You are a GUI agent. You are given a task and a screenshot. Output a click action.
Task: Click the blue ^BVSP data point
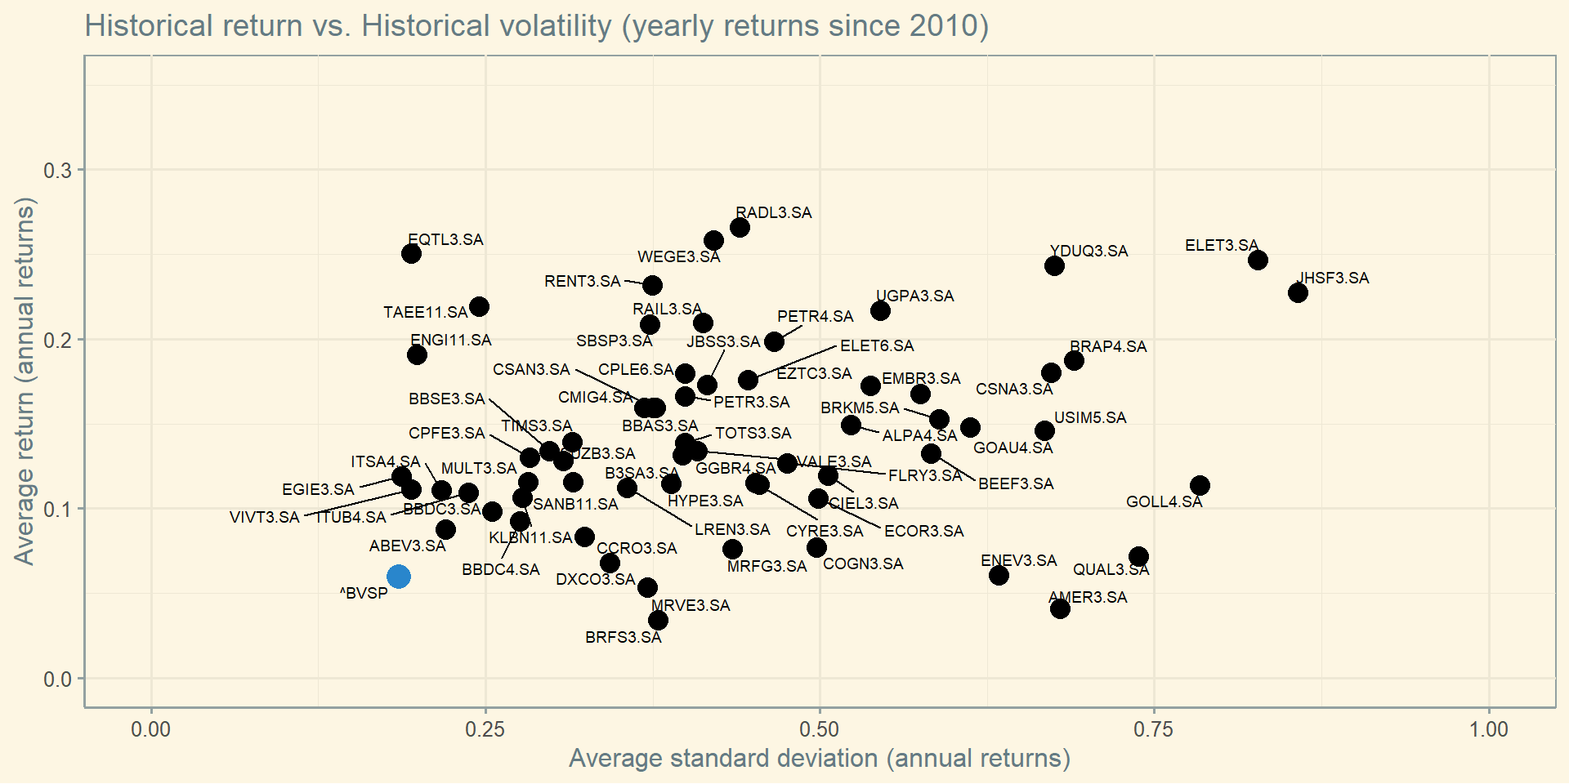(398, 577)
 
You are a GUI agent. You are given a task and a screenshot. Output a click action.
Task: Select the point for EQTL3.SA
(411, 253)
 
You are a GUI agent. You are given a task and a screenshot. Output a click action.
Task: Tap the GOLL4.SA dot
(1200, 485)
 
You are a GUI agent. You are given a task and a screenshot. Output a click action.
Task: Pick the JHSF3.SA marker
(1298, 292)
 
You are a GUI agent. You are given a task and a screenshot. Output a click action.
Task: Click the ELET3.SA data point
(1258, 260)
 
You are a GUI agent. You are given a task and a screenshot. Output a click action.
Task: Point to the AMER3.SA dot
(1060, 608)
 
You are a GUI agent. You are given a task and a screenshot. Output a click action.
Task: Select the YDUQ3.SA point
(1054, 265)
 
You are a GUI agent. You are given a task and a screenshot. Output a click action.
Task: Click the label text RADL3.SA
(773, 213)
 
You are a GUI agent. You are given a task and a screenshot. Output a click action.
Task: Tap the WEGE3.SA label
(678, 257)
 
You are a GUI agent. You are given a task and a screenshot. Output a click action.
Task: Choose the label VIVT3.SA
(264, 518)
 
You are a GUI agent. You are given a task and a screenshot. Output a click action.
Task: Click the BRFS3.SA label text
(623, 638)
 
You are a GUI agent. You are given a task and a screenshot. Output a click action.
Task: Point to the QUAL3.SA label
(1111, 570)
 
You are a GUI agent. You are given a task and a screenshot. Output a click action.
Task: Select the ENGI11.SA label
(450, 341)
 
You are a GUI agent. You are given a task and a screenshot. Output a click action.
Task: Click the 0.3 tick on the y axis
(57, 171)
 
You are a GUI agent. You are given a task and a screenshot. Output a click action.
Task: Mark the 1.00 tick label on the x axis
(1489, 729)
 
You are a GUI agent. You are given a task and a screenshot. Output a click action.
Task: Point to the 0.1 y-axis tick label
(57, 510)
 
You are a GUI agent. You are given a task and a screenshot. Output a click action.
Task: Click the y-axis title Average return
(25, 381)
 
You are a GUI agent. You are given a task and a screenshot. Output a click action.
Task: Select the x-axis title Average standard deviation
(819, 759)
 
